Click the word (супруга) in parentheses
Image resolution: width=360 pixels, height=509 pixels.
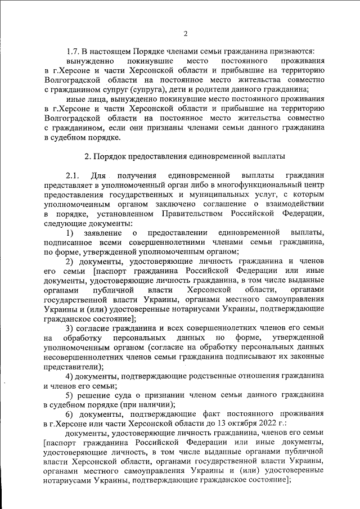pyautogui.click(x=147, y=89)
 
